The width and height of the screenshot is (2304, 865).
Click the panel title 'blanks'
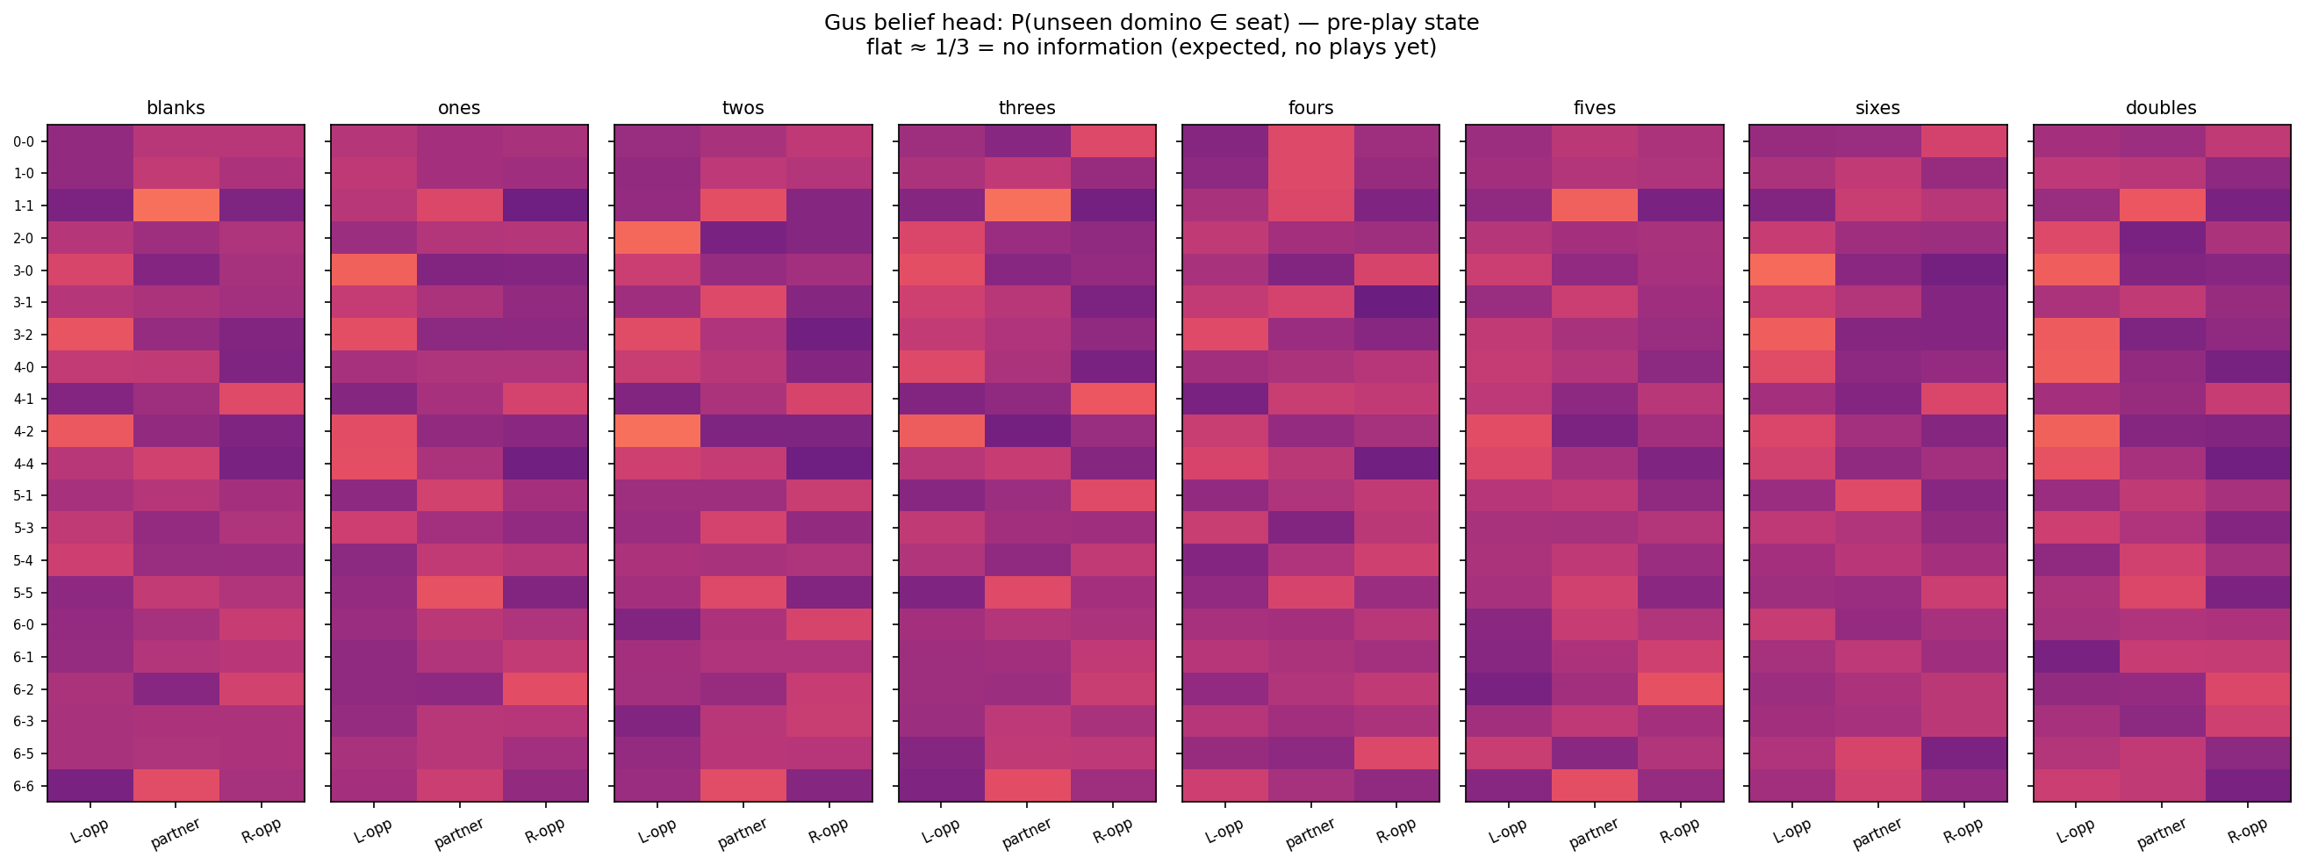[x=176, y=108]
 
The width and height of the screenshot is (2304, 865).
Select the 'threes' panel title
[x=1027, y=108]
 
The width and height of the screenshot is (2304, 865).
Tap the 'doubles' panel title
[x=2161, y=108]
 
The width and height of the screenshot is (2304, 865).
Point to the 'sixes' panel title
[x=1877, y=108]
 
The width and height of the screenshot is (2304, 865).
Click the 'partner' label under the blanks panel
[x=176, y=833]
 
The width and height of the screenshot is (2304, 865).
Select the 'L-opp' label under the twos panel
[x=657, y=831]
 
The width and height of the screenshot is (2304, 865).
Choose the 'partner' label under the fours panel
[x=1310, y=833]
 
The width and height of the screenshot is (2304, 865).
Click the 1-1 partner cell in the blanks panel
[x=176, y=205]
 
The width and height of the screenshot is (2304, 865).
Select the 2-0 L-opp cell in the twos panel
[x=657, y=238]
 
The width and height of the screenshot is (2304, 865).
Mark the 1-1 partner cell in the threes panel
[x=1027, y=205]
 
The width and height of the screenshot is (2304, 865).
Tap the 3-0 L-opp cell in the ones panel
[x=374, y=270]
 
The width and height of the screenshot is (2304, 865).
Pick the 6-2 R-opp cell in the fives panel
[x=1680, y=688]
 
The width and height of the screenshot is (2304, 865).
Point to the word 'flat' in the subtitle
[x=883, y=48]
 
